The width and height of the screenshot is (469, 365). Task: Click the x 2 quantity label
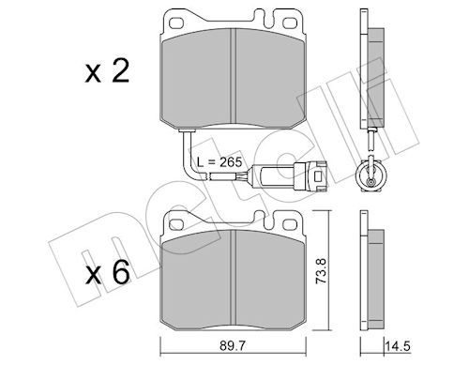point(107,72)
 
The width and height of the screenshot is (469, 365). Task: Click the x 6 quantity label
point(107,272)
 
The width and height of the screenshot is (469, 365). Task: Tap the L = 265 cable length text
point(219,162)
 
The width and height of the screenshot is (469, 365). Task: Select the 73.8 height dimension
point(322,271)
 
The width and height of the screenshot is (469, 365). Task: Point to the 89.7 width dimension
point(233,345)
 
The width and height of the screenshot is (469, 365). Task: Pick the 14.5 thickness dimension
point(398,346)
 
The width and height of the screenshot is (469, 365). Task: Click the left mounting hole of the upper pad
point(176,23)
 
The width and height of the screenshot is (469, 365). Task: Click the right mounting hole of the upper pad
point(290,23)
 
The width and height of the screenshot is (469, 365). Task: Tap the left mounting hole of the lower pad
point(176,224)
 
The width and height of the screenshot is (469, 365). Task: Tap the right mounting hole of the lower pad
point(290,224)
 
